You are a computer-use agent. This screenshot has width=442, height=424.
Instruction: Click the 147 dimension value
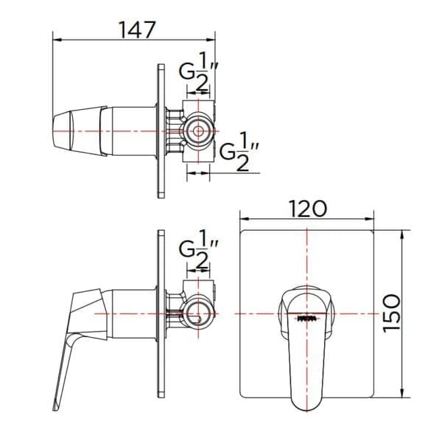(137, 29)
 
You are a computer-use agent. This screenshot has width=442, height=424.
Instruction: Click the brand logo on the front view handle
(306, 318)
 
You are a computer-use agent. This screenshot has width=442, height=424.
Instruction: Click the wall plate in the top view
(160, 131)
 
